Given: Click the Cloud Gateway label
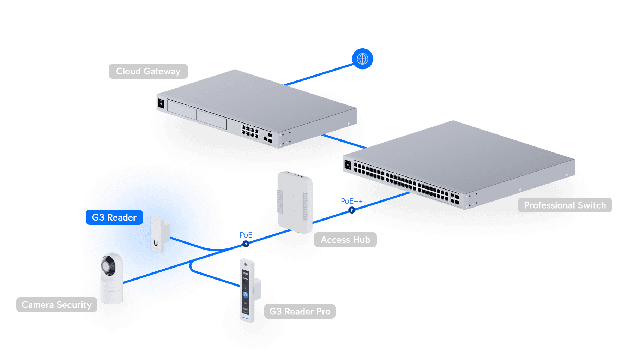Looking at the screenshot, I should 148,71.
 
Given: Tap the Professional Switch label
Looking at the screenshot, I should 564,205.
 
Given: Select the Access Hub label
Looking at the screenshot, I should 345,240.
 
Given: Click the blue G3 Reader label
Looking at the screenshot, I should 114,217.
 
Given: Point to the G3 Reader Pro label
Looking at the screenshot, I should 300,311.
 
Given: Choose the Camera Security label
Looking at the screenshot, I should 56,305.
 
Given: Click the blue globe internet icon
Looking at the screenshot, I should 362,59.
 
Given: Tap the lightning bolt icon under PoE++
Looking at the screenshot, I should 351,210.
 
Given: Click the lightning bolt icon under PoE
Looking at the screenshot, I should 246,244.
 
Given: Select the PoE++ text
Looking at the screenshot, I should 351,201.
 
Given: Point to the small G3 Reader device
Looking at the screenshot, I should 159,234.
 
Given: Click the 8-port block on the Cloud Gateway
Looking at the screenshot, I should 250,131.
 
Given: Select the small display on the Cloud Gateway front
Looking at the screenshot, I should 161,104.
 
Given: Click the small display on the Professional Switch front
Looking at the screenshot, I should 348,164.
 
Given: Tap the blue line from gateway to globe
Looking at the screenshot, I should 319,74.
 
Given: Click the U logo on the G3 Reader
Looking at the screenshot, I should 156,243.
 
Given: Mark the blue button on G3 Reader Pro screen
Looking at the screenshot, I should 246,294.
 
